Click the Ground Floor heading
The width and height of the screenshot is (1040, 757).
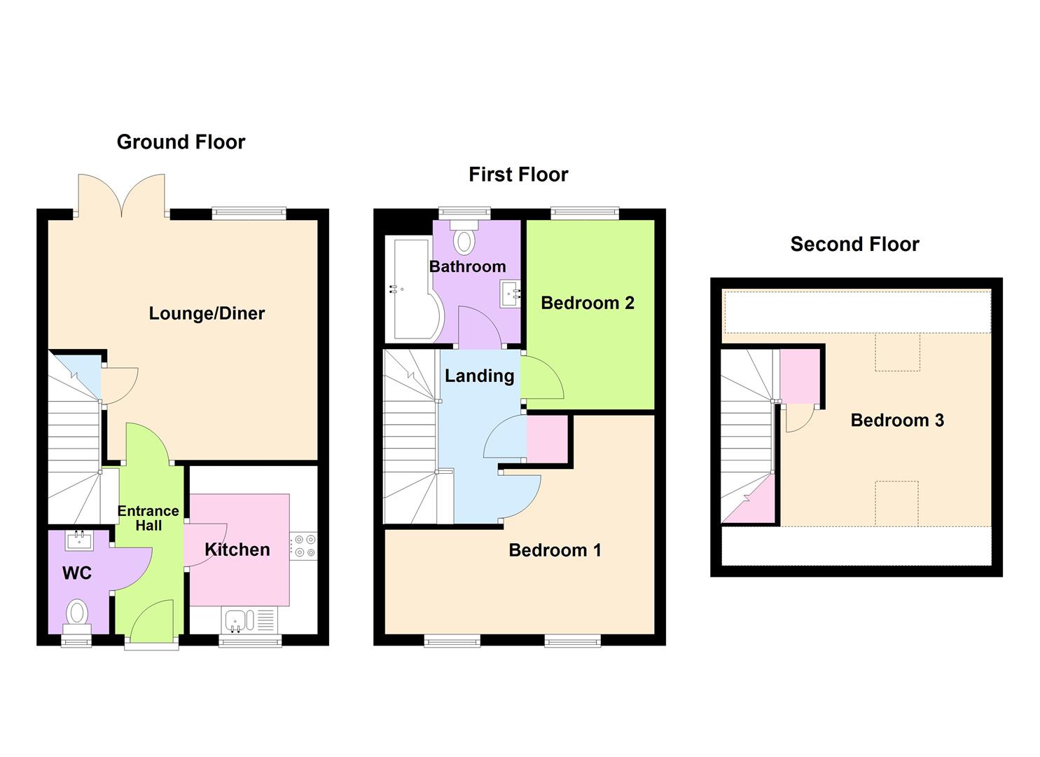(181, 142)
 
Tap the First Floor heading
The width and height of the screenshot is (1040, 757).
(518, 175)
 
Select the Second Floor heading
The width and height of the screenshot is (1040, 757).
(854, 244)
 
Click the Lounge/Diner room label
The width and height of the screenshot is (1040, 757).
(207, 313)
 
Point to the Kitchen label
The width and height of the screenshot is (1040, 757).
(237, 550)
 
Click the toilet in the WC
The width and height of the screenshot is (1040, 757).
(77, 614)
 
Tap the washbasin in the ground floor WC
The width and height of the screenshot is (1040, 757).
(78, 540)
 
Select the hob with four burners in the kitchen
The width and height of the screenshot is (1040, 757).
(303, 546)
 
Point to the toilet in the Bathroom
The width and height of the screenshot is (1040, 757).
(463, 238)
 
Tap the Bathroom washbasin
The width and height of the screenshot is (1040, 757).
(509, 294)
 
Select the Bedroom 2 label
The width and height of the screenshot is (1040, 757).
(588, 303)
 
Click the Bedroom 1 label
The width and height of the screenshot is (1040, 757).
(555, 550)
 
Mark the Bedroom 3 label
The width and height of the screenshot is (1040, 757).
(897, 421)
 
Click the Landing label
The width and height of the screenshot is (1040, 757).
(479, 376)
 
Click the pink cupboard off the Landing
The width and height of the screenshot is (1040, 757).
(547, 439)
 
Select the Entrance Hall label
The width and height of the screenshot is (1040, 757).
(148, 518)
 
